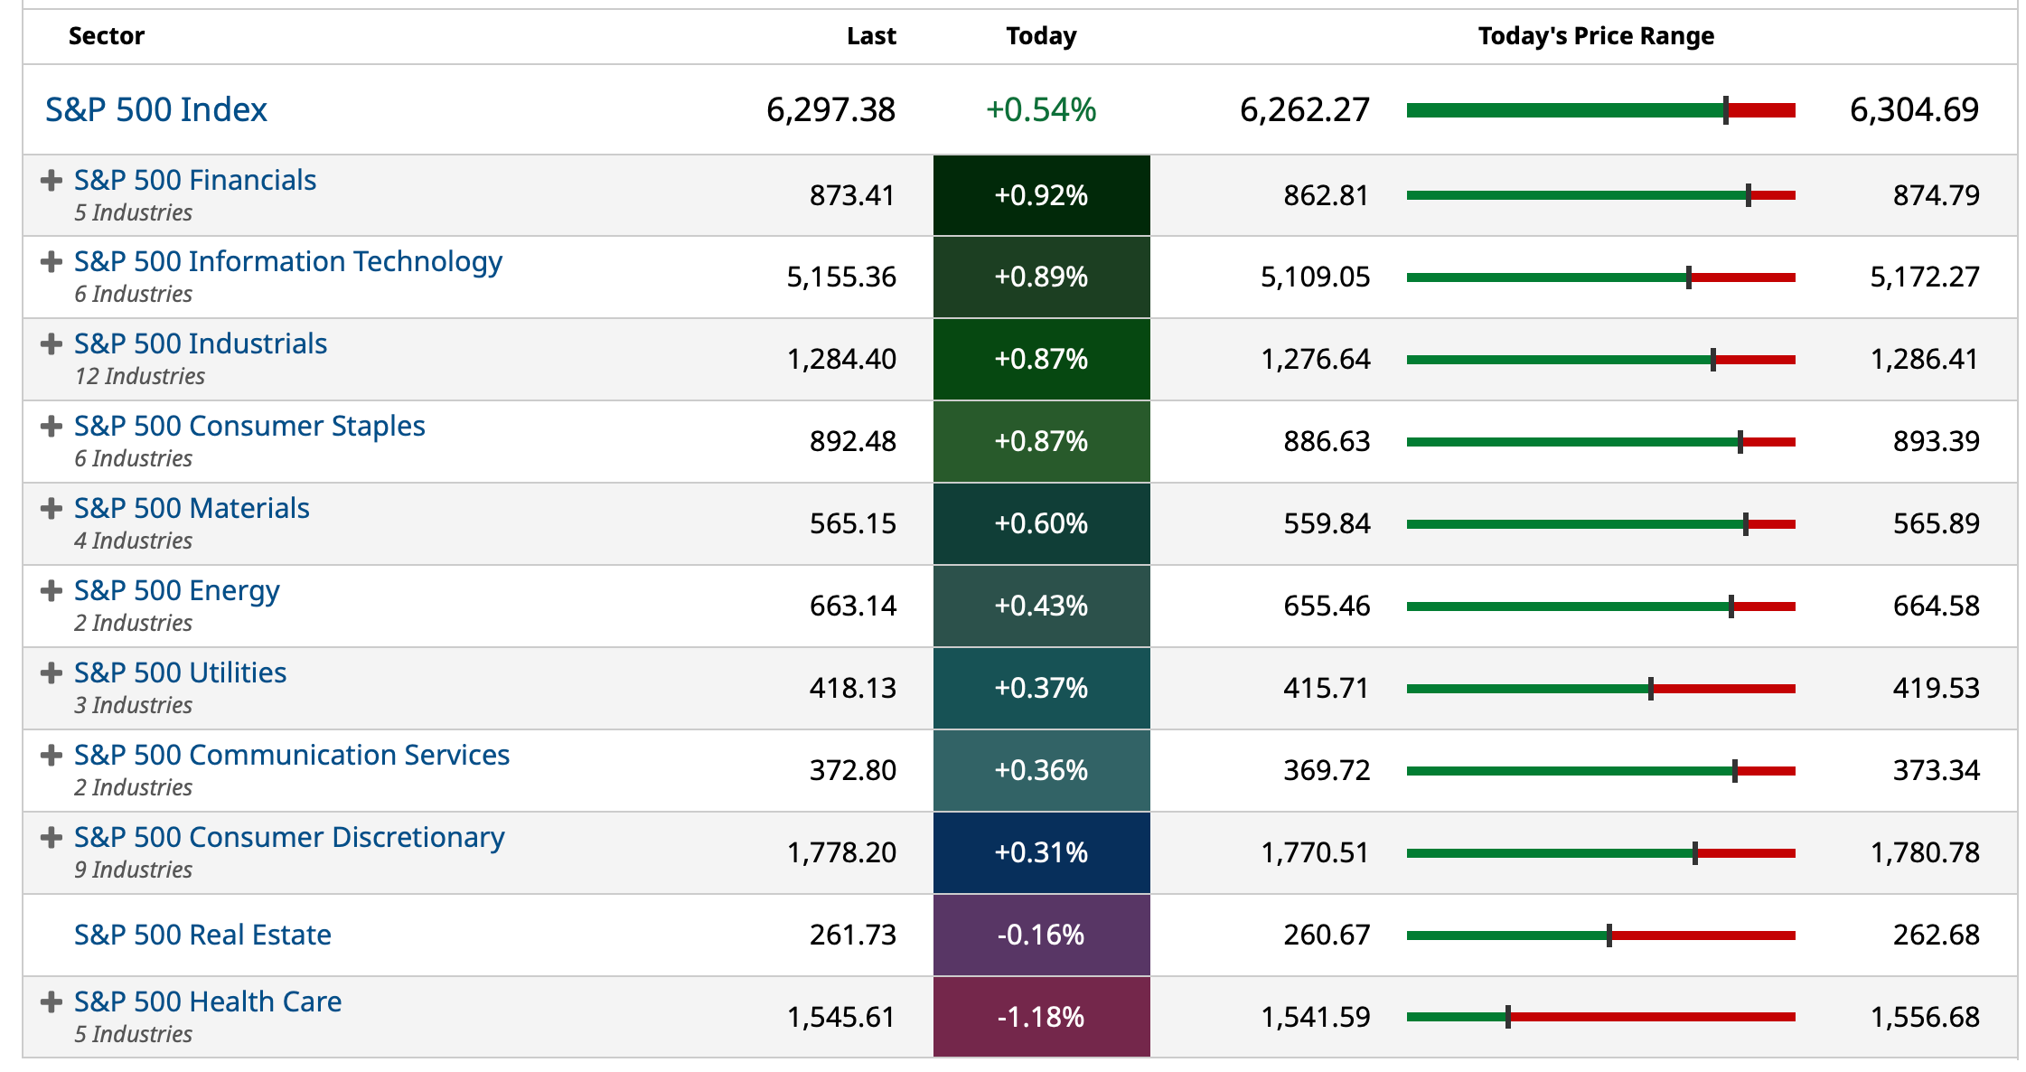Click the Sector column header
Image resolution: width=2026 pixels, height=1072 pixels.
click(x=106, y=36)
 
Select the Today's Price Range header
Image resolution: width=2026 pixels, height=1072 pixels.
click(x=1595, y=36)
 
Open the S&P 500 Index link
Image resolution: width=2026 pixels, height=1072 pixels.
click(x=155, y=110)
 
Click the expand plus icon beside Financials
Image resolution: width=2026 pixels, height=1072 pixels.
click(x=52, y=181)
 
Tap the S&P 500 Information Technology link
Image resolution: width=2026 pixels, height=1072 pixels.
click(x=287, y=261)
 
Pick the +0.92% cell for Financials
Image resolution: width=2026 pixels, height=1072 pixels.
click(x=1041, y=195)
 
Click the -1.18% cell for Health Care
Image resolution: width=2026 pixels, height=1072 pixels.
click(x=1041, y=1017)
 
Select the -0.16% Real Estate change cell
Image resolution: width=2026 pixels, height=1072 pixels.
click(x=1041, y=935)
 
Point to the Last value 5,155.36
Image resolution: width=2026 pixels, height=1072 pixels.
click(x=840, y=277)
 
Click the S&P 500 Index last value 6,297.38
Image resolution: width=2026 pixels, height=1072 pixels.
click(x=830, y=110)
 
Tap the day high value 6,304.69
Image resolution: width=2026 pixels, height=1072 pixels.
click(x=1913, y=110)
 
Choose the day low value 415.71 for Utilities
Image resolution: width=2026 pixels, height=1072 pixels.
click(x=1326, y=688)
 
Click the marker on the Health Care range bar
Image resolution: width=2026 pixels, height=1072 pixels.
click(x=1508, y=1017)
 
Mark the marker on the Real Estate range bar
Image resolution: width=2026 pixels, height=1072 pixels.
click(x=1609, y=935)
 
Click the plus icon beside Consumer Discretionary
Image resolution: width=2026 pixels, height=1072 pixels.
click(x=52, y=837)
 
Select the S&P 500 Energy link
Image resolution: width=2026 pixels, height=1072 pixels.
click(x=176, y=590)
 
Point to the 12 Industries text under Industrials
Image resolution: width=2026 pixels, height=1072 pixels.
click(x=140, y=376)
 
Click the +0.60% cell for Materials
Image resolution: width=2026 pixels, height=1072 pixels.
click(x=1041, y=523)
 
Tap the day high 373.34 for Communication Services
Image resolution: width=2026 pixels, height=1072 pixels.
click(x=1936, y=770)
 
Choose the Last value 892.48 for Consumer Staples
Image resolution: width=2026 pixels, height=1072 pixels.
click(x=852, y=441)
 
